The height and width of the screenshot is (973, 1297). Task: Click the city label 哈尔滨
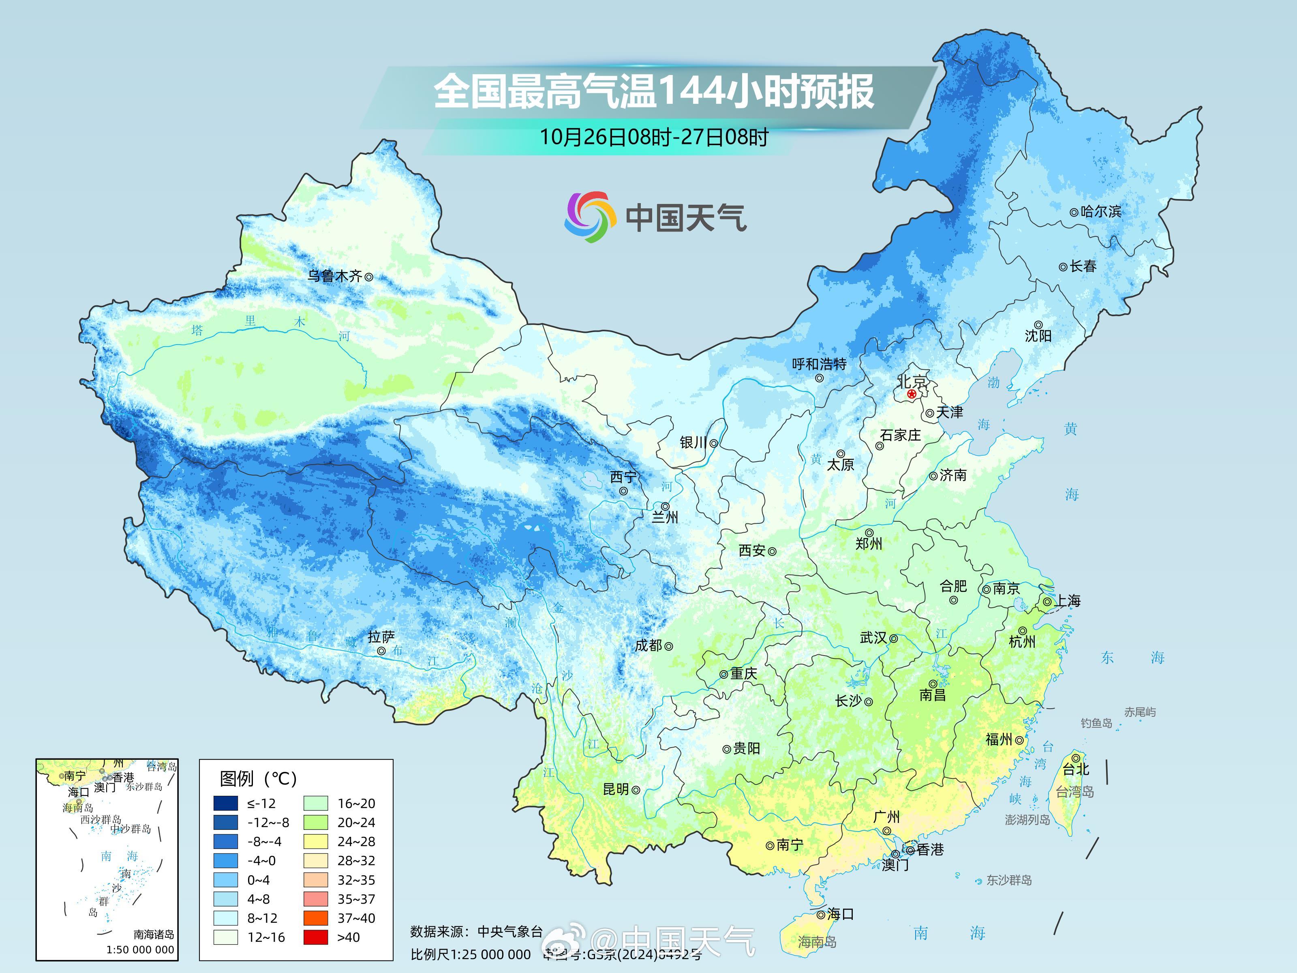click(x=1100, y=212)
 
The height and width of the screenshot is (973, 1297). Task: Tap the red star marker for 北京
click(x=911, y=394)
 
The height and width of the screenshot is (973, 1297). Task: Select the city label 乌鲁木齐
click(x=335, y=276)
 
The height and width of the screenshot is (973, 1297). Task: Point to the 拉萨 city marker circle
click(x=381, y=651)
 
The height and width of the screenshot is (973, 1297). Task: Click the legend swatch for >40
click(x=315, y=937)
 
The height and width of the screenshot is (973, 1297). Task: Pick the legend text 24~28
click(x=356, y=842)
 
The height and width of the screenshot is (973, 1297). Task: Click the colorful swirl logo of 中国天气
click(x=590, y=217)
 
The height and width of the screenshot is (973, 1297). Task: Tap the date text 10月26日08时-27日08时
click(x=653, y=137)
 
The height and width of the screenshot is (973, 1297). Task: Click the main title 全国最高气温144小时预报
click(x=653, y=92)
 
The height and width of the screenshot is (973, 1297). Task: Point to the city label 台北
click(x=1076, y=769)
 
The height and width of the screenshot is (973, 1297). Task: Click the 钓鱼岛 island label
click(x=1096, y=723)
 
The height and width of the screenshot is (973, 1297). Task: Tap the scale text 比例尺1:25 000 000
click(x=470, y=954)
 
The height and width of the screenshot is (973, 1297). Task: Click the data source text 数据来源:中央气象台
click(x=476, y=931)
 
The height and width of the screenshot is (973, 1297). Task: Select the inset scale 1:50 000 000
click(x=140, y=949)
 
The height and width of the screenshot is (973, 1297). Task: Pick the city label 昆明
click(x=616, y=789)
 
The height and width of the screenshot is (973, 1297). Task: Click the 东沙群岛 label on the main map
click(x=1008, y=880)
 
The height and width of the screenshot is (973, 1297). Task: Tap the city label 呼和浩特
click(x=819, y=364)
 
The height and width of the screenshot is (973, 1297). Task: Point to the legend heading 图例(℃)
click(x=258, y=779)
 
